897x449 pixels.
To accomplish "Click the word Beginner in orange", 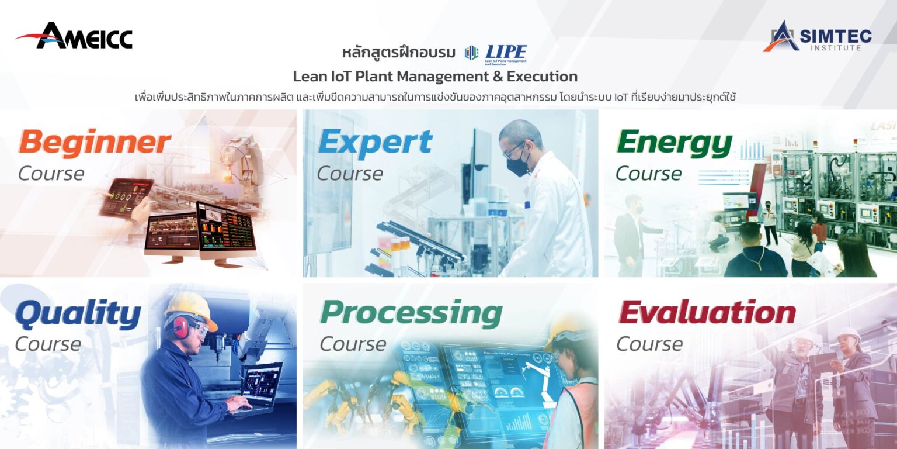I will pyautogui.click(x=95, y=143).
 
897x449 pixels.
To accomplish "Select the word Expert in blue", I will pyautogui.click(x=375, y=141).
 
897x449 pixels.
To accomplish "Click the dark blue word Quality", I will pyautogui.click(x=78, y=315).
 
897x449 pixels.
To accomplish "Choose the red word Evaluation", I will pyautogui.click(x=707, y=313).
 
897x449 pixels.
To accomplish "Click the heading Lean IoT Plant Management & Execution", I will pyautogui.click(x=435, y=77).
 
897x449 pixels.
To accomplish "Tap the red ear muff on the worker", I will pyautogui.click(x=179, y=327).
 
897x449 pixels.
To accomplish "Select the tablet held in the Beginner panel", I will pyautogui.click(x=126, y=197).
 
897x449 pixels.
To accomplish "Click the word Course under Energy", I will pyautogui.click(x=648, y=174).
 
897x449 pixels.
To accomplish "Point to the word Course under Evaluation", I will pyautogui.click(x=649, y=344).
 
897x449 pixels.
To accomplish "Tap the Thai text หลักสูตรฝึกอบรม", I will pyautogui.click(x=399, y=53).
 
